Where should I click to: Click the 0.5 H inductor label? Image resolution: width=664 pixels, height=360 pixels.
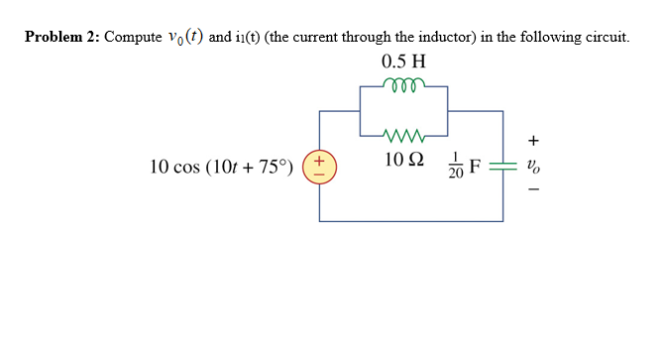click(403, 61)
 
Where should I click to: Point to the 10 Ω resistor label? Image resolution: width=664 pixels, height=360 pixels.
click(403, 158)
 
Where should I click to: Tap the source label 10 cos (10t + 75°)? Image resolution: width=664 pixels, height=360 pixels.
click(222, 167)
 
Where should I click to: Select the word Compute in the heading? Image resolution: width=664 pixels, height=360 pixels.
click(133, 37)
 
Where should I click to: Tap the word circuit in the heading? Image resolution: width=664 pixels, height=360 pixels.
click(604, 37)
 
